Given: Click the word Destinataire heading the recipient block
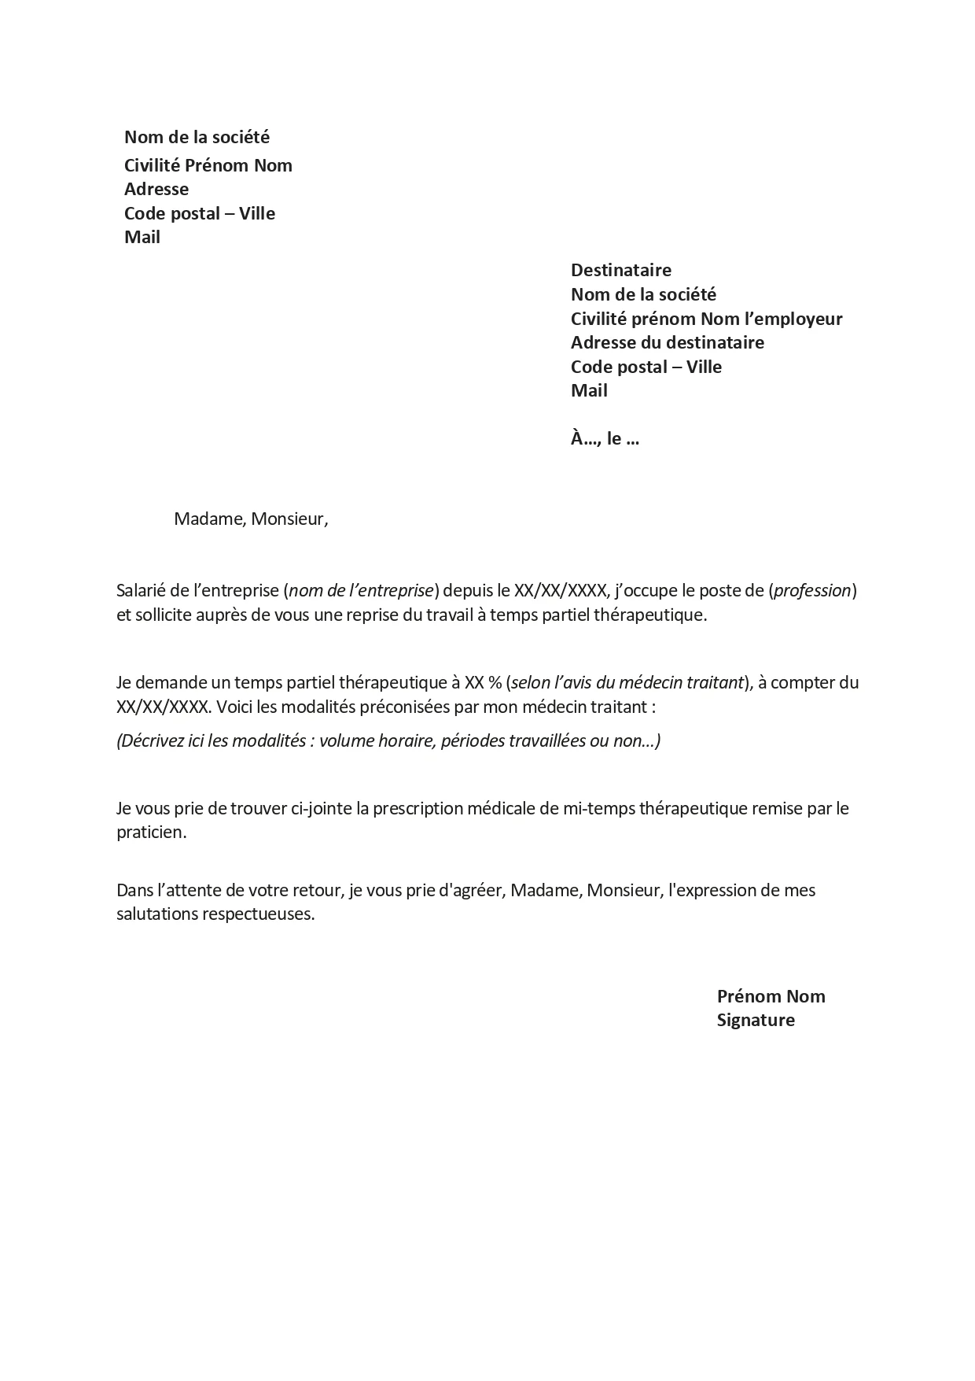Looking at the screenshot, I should click(620, 271).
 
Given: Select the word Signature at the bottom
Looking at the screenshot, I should click(756, 1021).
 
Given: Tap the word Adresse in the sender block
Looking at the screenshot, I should click(156, 190).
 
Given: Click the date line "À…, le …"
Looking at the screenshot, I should click(605, 439).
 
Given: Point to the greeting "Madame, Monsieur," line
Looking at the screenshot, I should click(251, 519).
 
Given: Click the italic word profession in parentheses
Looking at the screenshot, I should click(812, 590).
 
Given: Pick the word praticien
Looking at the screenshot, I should click(151, 833).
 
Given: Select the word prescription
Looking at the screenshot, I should click(418, 808).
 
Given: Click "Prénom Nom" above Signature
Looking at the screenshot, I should click(771, 996).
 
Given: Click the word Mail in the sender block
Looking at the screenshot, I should click(142, 238).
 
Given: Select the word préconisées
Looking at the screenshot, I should click(406, 707).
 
